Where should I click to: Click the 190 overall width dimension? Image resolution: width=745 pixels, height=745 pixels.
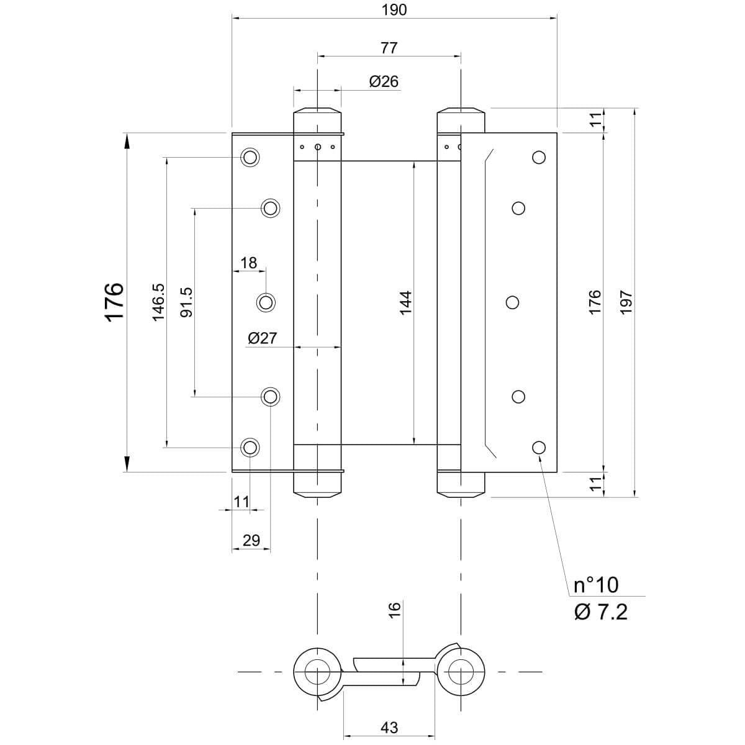[x=394, y=10]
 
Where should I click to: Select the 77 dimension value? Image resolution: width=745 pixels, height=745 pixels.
[x=389, y=47]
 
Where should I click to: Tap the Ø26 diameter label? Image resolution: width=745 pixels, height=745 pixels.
[x=384, y=81]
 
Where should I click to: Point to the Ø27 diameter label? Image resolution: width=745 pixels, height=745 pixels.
[x=261, y=338]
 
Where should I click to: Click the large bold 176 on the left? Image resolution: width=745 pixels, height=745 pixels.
[x=115, y=302]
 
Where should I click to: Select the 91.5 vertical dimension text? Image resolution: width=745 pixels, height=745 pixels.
[x=186, y=302]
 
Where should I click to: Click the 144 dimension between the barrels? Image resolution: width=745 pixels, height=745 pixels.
[x=405, y=302]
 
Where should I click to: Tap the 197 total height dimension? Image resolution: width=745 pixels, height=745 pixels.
[x=625, y=302]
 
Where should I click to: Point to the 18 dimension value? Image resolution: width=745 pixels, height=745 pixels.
[x=248, y=263]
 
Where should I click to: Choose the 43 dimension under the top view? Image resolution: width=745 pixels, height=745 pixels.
[x=389, y=727]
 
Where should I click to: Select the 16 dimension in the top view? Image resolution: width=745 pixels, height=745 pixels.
[x=395, y=609]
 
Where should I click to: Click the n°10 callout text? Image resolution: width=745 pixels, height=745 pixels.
[x=595, y=585]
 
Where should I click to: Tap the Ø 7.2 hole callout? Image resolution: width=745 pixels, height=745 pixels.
[x=600, y=612]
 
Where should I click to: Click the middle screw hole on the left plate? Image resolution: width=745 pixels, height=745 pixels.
[x=266, y=302]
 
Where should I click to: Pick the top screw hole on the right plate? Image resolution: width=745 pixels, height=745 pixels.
[x=539, y=157]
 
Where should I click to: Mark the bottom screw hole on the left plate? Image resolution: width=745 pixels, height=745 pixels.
[x=250, y=447]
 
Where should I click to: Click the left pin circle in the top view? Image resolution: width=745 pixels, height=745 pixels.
[x=317, y=672]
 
